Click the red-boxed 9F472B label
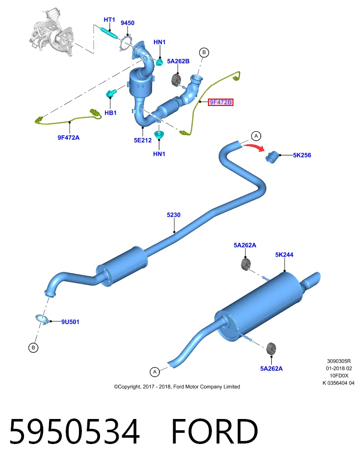click(220, 102)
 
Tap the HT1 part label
click(109, 20)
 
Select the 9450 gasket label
click(128, 23)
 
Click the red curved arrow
click(254, 147)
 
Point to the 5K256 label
click(302, 156)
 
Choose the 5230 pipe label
click(174, 215)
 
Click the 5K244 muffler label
click(284, 255)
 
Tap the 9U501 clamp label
click(70, 322)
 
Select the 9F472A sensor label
click(69, 137)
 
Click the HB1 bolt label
click(110, 113)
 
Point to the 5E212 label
click(143, 140)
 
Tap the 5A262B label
click(178, 61)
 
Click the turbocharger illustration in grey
click(51, 32)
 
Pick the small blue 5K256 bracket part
click(272, 157)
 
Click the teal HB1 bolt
click(110, 93)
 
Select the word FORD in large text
click(214, 431)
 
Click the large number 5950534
click(75, 431)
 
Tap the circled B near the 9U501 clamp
click(33, 347)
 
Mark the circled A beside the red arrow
click(256, 136)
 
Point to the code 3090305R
click(339, 361)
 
